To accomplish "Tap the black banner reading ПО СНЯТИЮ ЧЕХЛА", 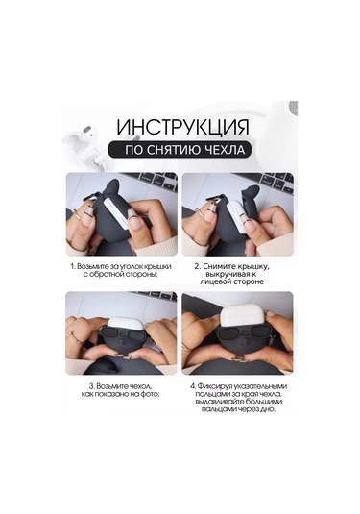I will click(180, 150).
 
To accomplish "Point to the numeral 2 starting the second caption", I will click(196, 262).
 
